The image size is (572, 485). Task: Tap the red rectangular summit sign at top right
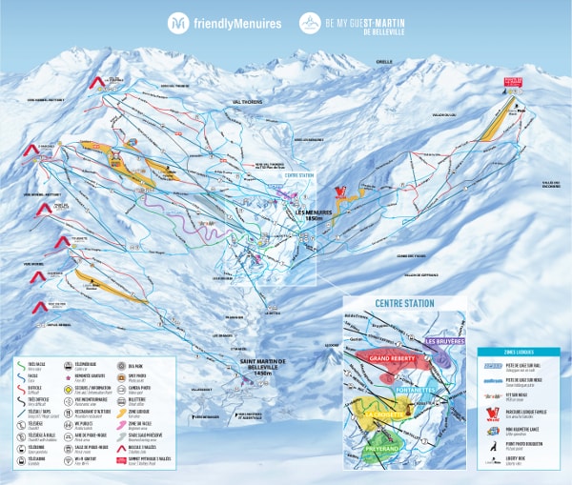pyautogui.click(x=514, y=84)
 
